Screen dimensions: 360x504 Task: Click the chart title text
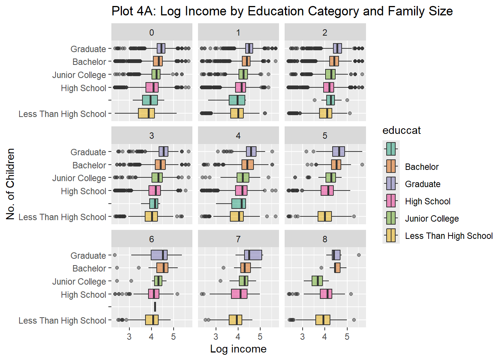tap(282, 11)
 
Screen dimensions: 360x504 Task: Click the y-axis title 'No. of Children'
tap(10, 184)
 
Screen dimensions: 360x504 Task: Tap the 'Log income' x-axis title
tap(238, 349)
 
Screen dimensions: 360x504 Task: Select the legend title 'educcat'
tap(401, 130)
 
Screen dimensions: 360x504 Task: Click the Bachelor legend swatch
tap(391, 166)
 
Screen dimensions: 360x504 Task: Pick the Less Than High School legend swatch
tap(391, 235)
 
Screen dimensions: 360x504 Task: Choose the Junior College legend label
tap(432, 219)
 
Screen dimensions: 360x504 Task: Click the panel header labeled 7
tap(238, 239)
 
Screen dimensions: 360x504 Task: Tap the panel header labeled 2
tap(325, 33)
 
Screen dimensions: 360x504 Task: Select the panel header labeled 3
tap(151, 136)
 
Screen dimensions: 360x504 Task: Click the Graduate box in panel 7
tap(253, 255)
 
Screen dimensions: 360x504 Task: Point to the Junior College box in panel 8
tap(317, 280)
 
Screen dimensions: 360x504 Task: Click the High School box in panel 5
tap(327, 190)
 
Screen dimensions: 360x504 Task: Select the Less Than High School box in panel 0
tap(146, 113)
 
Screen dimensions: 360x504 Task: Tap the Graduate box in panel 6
tap(159, 255)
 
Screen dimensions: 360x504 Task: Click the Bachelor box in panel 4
tap(247, 165)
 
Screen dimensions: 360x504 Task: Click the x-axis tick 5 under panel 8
tap(347, 337)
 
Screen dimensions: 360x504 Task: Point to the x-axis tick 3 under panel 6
tap(129, 337)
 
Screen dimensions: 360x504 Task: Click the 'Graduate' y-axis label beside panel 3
tap(88, 152)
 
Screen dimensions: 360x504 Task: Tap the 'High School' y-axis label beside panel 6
tap(83, 295)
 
